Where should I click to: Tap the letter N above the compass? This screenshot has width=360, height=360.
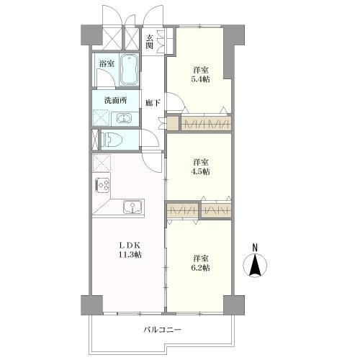pyautogui.click(x=254, y=248)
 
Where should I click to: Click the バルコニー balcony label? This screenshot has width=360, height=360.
pyautogui.click(x=161, y=330)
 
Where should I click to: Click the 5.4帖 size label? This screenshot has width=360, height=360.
pyautogui.click(x=201, y=80)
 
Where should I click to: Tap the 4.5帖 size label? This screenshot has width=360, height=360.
pyautogui.click(x=201, y=172)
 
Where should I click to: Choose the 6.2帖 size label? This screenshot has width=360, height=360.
pyautogui.click(x=201, y=268)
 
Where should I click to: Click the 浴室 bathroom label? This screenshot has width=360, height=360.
pyautogui.click(x=107, y=63)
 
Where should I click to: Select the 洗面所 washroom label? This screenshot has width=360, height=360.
pyautogui.click(x=114, y=100)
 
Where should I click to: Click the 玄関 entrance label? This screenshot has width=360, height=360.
pyautogui.click(x=150, y=41)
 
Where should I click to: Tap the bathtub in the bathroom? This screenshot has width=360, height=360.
pyautogui.click(x=130, y=71)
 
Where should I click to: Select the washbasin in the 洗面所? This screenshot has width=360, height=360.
pyautogui.click(x=124, y=118)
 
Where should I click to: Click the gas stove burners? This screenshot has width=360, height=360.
pyautogui.click(x=102, y=186)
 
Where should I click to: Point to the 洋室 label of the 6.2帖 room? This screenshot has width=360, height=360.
pyautogui.click(x=201, y=257)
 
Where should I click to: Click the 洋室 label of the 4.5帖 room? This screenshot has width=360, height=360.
pyautogui.click(x=201, y=162)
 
